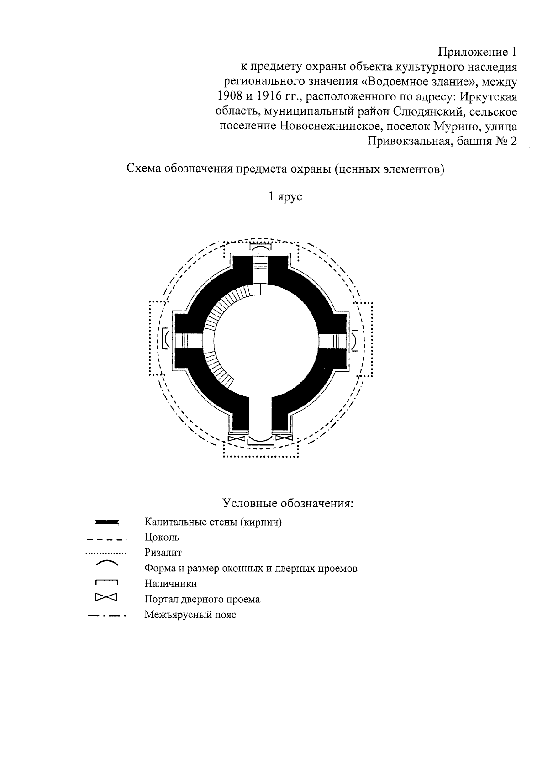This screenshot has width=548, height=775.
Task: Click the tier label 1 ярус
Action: [x=285, y=197]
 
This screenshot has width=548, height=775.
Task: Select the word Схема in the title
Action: [x=143, y=170]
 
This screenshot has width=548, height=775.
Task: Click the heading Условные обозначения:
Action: [x=288, y=504]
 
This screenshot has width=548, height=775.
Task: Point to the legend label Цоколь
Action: [x=162, y=537]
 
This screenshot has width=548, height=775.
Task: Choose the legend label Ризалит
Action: [x=163, y=553]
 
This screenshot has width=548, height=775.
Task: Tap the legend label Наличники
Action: [x=171, y=583]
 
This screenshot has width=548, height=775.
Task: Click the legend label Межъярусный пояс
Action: [x=190, y=614]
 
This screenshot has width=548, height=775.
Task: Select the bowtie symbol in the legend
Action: [x=106, y=597]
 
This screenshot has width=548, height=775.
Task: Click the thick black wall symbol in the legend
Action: [x=106, y=522]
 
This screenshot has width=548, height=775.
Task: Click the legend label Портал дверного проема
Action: [x=202, y=599]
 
